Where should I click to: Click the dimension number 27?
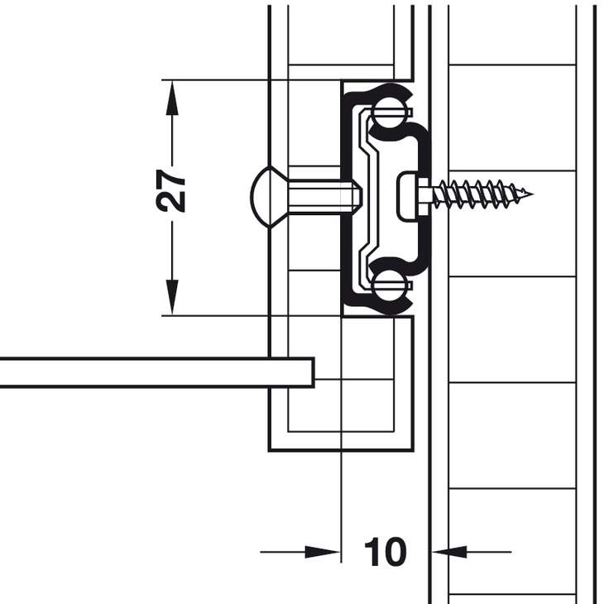(172, 192)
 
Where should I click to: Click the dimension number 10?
(385, 552)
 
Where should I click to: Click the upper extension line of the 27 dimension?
(248, 80)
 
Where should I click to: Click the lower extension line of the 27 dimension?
(248, 315)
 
